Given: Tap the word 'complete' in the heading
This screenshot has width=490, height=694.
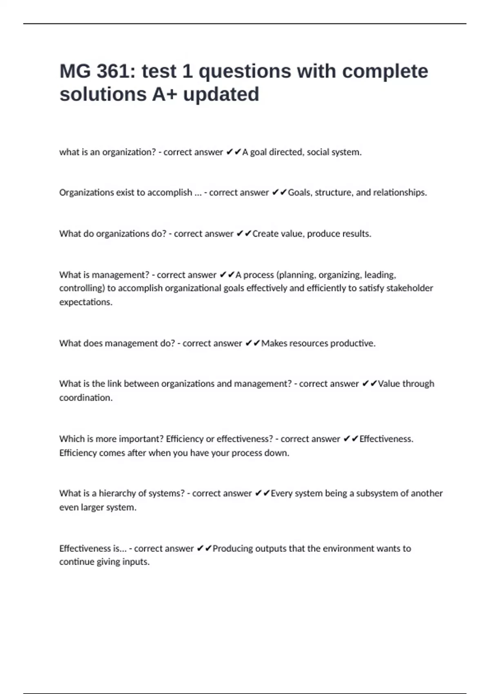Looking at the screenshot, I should click(x=385, y=71).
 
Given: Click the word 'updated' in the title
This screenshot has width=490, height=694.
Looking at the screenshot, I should click(x=221, y=94).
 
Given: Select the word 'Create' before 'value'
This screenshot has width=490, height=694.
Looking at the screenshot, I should click(x=265, y=234).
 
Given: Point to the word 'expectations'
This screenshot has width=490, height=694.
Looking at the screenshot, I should click(x=85, y=302).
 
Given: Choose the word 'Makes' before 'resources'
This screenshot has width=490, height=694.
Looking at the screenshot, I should click(x=274, y=343).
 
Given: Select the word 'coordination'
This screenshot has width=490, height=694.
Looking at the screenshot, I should click(x=85, y=398).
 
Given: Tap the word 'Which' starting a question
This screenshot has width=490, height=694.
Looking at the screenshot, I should click(x=71, y=439).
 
